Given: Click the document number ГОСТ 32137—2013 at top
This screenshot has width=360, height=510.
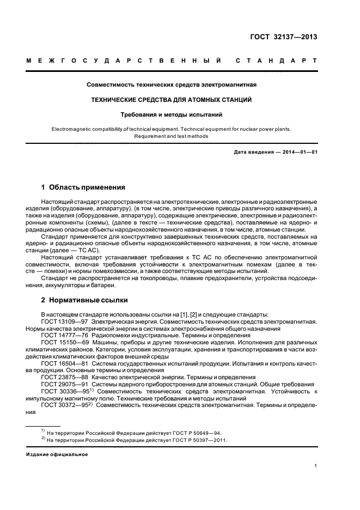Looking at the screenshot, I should pyautogui.click(x=282, y=37).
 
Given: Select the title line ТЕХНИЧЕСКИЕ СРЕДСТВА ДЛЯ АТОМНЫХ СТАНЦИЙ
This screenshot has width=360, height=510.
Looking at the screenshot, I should pyautogui.click(x=172, y=100).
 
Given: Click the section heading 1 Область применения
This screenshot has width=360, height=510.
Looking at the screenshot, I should pyautogui.click(x=83, y=187).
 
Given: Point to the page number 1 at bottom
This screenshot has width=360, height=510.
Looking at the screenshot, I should pyautogui.click(x=315, y=466).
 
